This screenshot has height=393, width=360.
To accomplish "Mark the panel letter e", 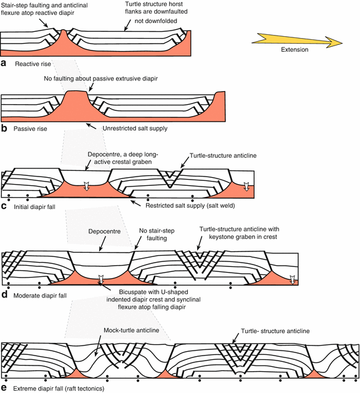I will (x=5, y=387).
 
